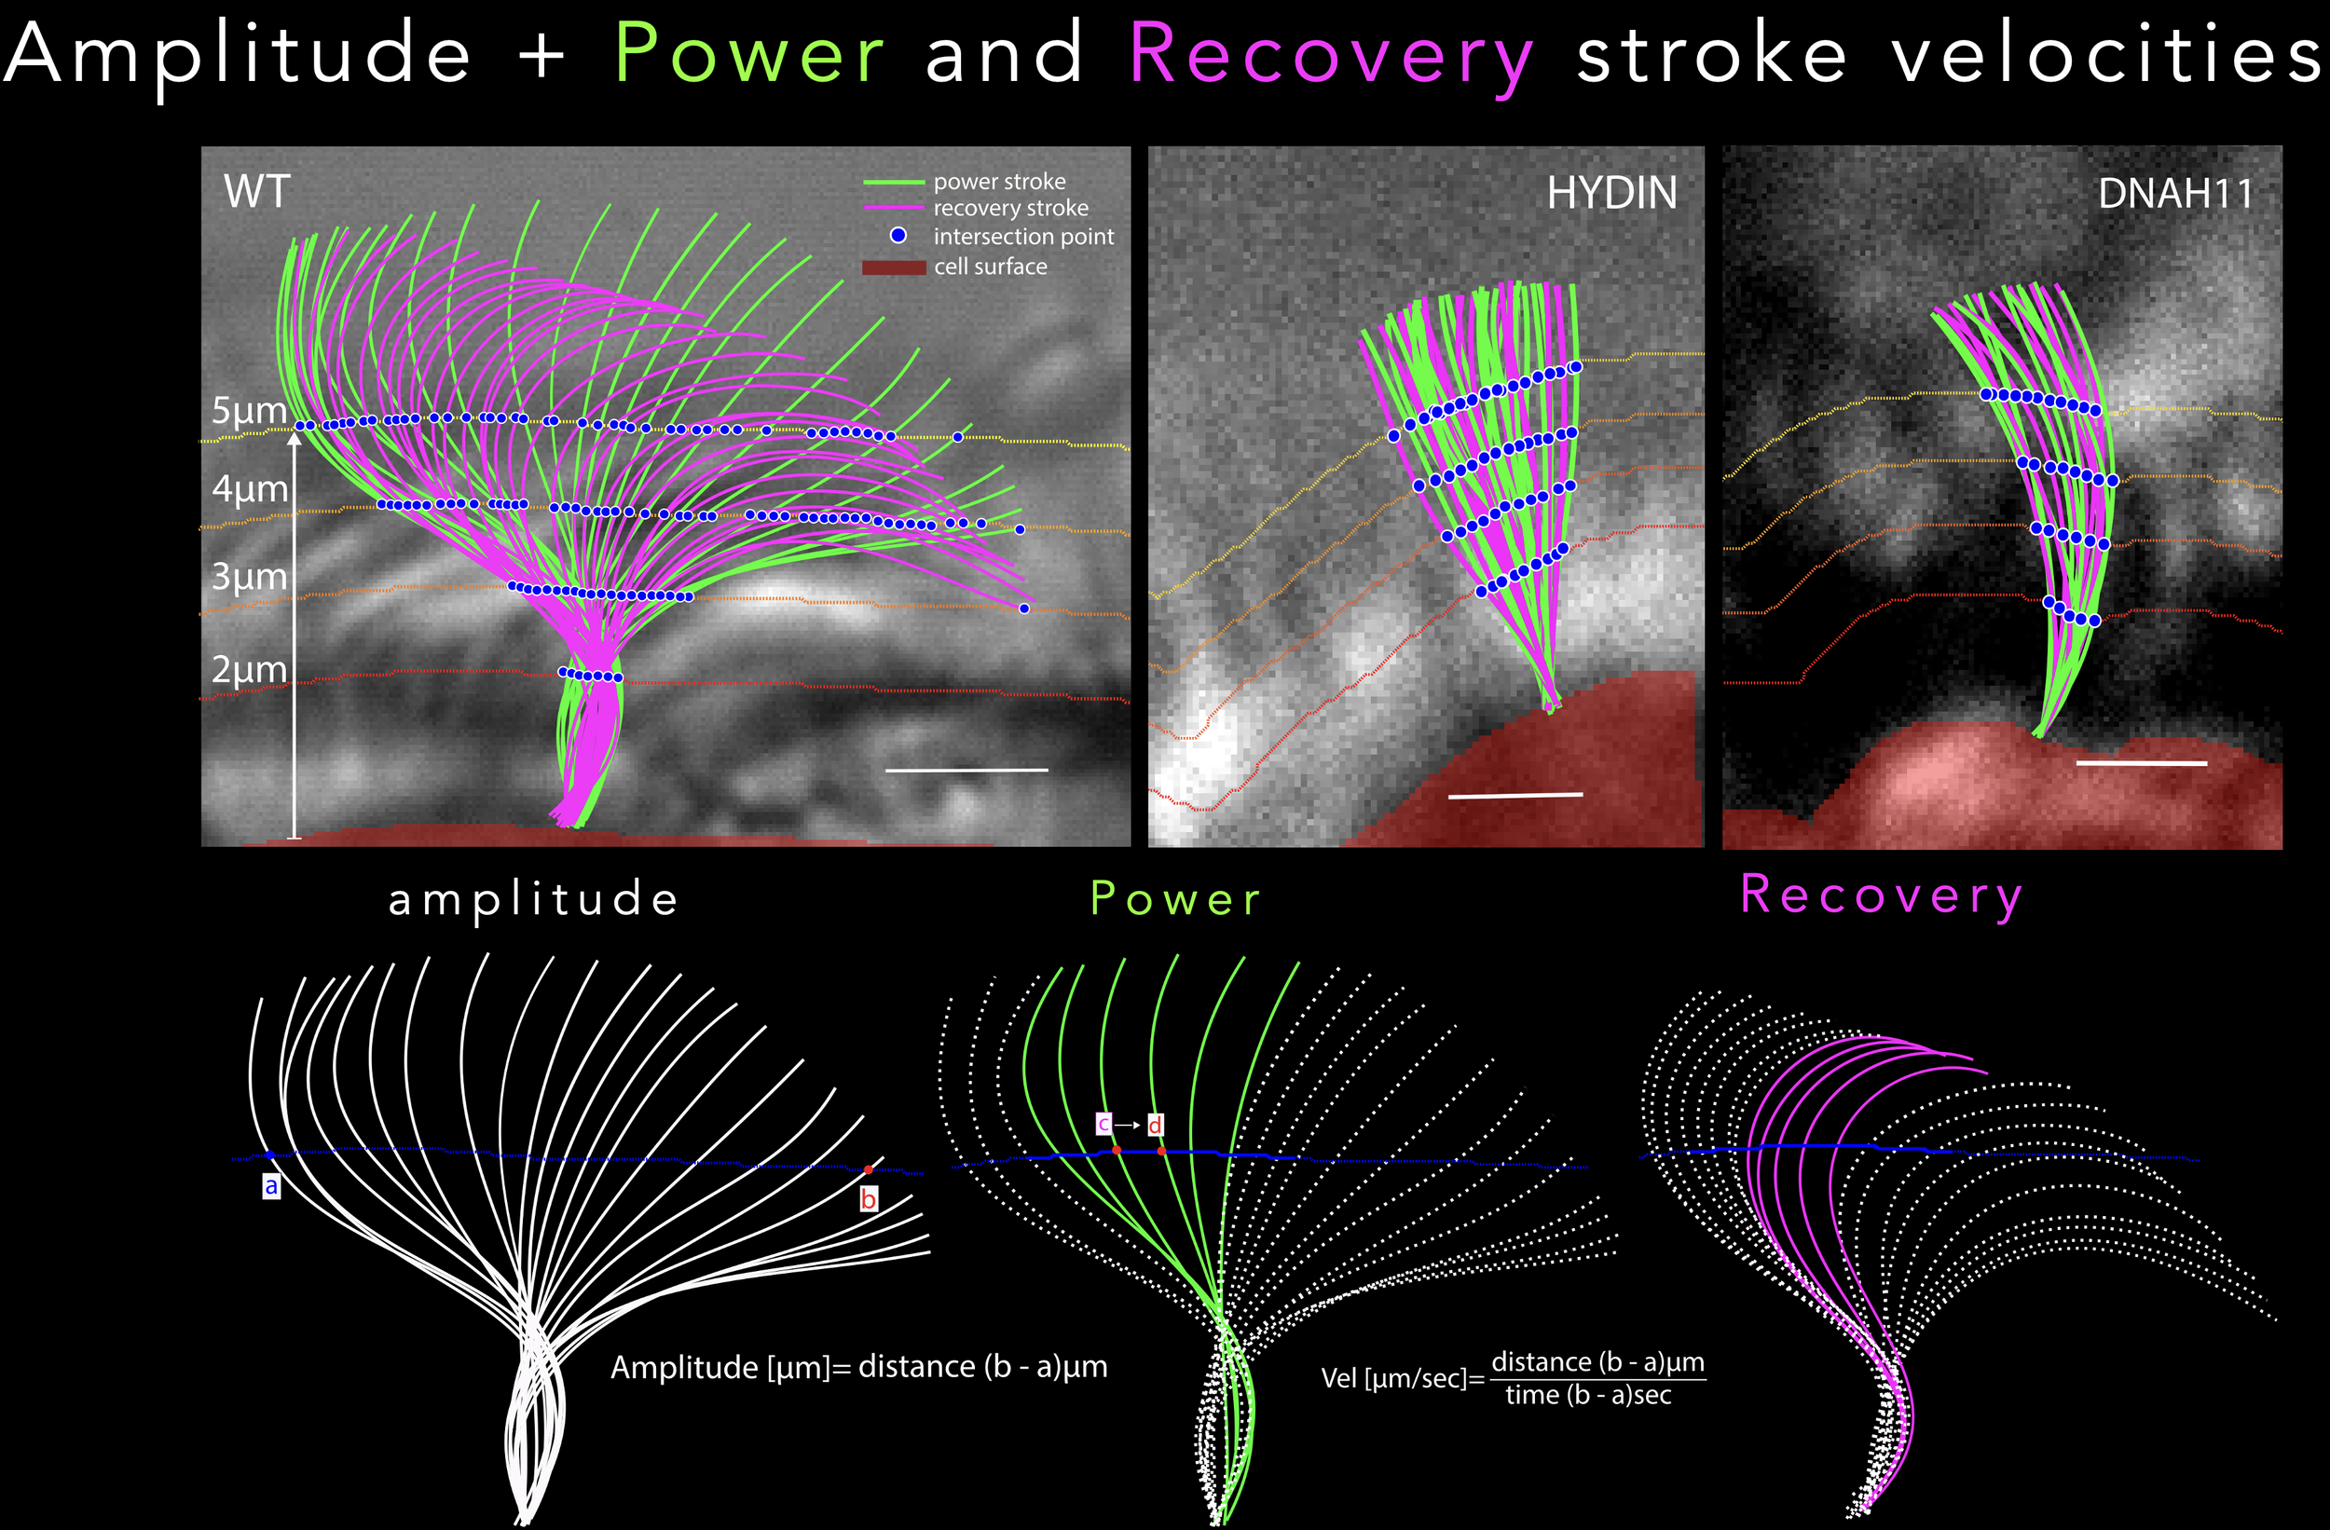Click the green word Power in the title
pyautogui.click(x=749, y=55)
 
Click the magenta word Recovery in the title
pyautogui.click(x=1331, y=57)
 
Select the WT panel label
pyautogui.click(x=256, y=191)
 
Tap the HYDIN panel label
pyautogui.click(x=1611, y=193)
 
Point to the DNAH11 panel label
pyautogui.click(x=2174, y=194)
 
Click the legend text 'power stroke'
pyautogui.click(x=998, y=181)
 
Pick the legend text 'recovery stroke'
pyautogui.click(x=1010, y=208)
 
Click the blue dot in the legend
pyautogui.click(x=898, y=236)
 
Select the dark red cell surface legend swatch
pyautogui.click(x=893, y=267)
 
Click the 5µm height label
pyautogui.click(x=249, y=410)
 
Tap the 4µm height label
pyautogui.click(x=250, y=487)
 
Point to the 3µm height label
pyautogui.click(x=249, y=576)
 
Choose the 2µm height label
pyautogui.click(x=249, y=669)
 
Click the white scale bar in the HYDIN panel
pyautogui.click(x=1514, y=795)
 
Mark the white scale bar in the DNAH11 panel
pyautogui.click(x=2141, y=762)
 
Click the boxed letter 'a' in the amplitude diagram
pyautogui.click(x=271, y=1186)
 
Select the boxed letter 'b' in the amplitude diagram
pyautogui.click(x=869, y=1199)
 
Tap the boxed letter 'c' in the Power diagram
pyautogui.click(x=1103, y=1124)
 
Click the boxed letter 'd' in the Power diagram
pyautogui.click(x=1155, y=1125)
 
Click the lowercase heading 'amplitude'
pyautogui.click(x=533, y=899)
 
